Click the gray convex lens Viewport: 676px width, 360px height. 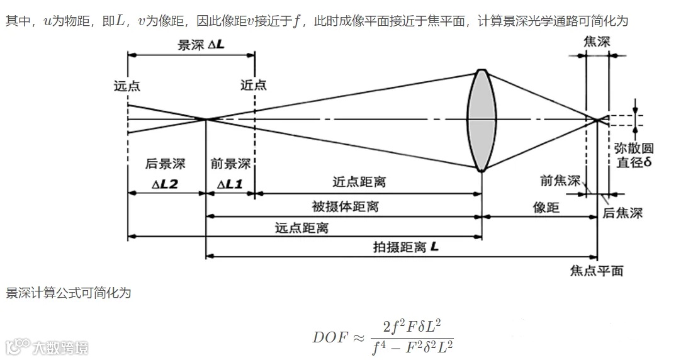(x=480, y=120)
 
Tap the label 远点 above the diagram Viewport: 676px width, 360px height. (x=127, y=86)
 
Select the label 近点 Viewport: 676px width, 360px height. (x=254, y=86)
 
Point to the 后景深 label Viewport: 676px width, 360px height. (x=166, y=164)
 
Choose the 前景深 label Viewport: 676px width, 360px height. (x=230, y=164)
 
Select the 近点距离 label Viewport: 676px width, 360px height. (x=359, y=183)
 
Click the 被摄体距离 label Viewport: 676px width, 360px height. (x=346, y=206)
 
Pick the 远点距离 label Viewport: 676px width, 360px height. (x=301, y=228)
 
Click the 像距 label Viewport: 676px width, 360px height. (x=546, y=208)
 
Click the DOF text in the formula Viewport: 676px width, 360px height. (x=330, y=336)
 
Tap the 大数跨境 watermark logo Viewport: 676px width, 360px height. (x=47, y=347)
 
